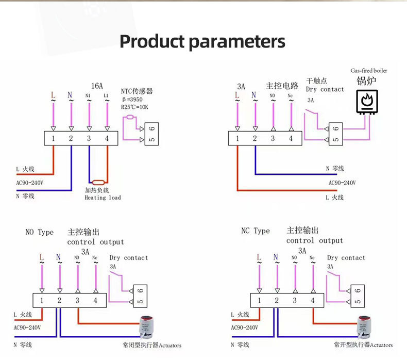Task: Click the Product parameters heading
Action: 202,41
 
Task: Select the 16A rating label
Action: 97,86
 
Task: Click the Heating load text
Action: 103,198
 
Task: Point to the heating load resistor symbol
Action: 98,182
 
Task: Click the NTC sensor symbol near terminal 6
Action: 130,118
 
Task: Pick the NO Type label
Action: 40,232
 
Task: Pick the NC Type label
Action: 256,231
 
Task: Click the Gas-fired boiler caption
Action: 369,71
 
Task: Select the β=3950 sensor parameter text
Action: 133,99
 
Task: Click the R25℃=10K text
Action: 134,107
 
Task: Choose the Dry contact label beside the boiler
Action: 325,89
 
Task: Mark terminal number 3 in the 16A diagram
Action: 89,138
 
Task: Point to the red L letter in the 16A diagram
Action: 53,95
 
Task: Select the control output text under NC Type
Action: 314,240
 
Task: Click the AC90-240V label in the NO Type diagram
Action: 27,328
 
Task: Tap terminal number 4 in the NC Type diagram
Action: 312,301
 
